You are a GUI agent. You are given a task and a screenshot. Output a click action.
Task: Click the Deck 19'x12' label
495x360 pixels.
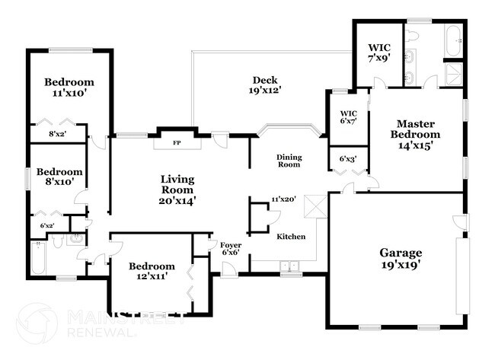(x=265, y=85)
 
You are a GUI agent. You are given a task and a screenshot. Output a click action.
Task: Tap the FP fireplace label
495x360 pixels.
(x=177, y=143)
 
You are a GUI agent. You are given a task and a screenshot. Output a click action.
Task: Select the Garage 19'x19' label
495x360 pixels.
(x=401, y=259)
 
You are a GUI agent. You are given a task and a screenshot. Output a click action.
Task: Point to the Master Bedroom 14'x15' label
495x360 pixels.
(x=415, y=135)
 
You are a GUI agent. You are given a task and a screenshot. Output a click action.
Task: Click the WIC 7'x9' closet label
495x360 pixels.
(x=379, y=53)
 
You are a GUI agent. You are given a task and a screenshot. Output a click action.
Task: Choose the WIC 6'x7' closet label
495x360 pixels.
(x=349, y=117)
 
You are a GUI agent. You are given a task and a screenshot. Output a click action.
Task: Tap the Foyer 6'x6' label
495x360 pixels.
(x=231, y=249)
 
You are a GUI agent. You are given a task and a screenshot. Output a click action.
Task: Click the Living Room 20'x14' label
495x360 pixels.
(x=177, y=190)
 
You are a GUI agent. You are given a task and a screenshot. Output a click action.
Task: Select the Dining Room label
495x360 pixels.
(x=289, y=161)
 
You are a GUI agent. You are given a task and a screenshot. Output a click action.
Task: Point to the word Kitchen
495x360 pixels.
(x=291, y=237)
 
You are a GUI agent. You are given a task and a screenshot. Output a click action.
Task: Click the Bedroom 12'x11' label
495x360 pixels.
(x=152, y=271)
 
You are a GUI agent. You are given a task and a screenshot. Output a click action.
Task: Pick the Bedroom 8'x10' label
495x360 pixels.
(x=59, y=177)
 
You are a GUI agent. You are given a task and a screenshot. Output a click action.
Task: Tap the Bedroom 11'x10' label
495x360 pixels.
(x=69, y=87)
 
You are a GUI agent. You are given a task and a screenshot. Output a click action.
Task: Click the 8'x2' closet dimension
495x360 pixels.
(x=57, y=134)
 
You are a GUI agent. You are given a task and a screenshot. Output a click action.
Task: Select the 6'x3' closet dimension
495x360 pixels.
(x=348, y=159)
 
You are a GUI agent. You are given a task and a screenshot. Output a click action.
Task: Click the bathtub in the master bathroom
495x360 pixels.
(x=454, y=40)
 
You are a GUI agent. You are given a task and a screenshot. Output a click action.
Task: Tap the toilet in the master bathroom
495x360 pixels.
(x=412, y=35)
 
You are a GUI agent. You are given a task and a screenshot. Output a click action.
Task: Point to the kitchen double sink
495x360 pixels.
(x=290, y=266)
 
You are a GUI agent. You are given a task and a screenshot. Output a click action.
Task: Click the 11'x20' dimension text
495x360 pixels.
(x=283, y=199)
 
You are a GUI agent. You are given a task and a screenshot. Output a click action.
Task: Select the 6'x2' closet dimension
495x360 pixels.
(x=47, y=225)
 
